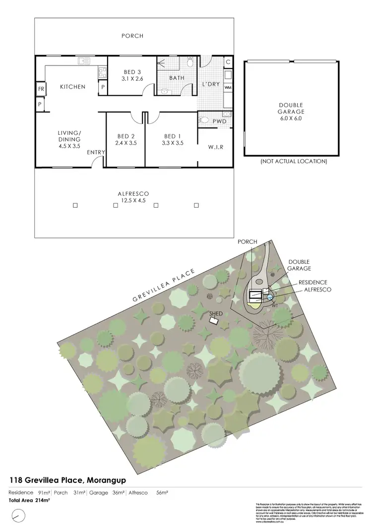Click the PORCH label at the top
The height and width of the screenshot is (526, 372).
pyautogui.click(x=132, y=36)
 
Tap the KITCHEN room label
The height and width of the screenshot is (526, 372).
pyautogui.click(x=72, y=87)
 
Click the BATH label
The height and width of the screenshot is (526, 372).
pyautogui.click(x=177, y=78)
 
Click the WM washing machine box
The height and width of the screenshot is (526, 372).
pyautogui.click(x=228, y=88)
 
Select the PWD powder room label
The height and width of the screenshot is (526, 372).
pyautogui.click(x=219, y=121)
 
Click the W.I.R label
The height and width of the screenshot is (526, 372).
pyautogui.click(x=215, y=147)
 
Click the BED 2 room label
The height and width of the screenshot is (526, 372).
pyautogui.click(x=126, y=136)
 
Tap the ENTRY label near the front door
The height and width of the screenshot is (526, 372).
pyautogui.click(x=95, y=153)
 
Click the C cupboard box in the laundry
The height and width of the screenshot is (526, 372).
pyautogui.click(x=228, y=62)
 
